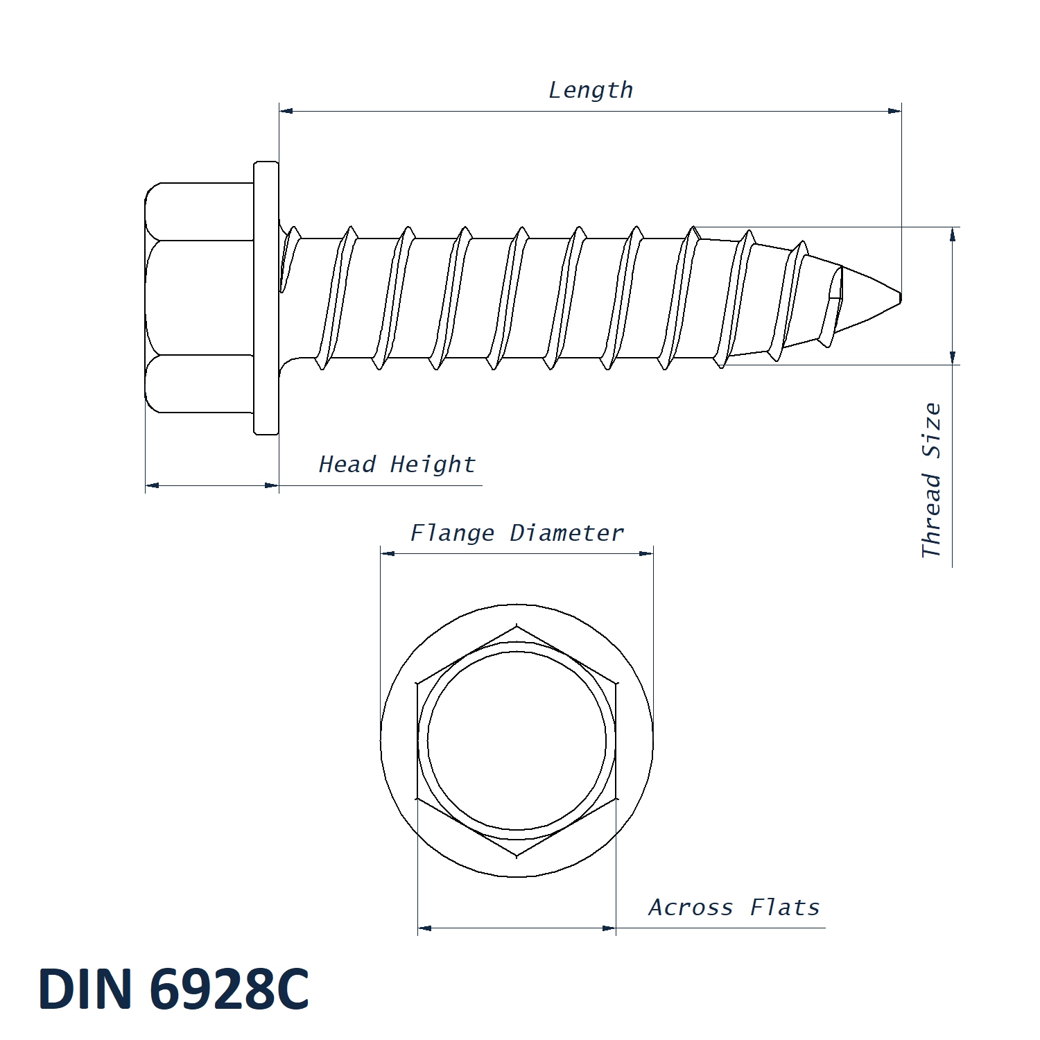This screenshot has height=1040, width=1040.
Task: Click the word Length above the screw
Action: [x=591, y=90]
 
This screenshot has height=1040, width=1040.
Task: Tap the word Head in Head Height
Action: [x=347, y=464]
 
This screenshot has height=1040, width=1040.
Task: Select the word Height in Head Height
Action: [x=433, y=464]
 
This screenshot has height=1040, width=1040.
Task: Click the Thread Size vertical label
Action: [x=931, y=480]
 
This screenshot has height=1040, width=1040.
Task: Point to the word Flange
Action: [x=452, y=533]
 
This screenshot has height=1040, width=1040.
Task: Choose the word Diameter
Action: [x=567, y=533]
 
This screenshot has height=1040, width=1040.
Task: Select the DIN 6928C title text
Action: [x=173, y=989]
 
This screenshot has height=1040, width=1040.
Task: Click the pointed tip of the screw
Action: [x=901, y=298]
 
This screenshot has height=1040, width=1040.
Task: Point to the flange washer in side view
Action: [x=266, y=298]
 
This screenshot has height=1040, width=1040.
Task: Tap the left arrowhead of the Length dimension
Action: [x=286, y=111]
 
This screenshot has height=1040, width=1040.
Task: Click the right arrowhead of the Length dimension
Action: [x=894, y=111]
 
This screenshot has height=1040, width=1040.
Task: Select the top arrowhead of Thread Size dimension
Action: [x=953, y=234]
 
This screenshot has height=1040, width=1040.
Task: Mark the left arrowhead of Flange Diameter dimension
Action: [x=388, y=553]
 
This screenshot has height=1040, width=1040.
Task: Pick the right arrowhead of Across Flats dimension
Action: [x=609, y=928]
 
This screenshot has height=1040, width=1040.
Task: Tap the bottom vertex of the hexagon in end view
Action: [x=517, y=857]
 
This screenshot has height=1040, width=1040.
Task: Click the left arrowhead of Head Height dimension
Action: [x=153, y=485]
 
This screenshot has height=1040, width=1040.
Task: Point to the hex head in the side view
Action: [x=200, y=298]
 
